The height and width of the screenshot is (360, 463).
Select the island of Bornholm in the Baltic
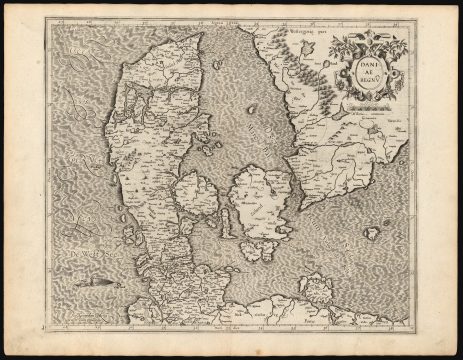tap(371, 232)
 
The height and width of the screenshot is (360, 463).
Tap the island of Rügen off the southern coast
tap(318, 291)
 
